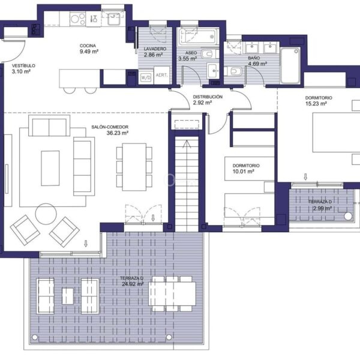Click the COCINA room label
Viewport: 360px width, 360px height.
coord(88,46)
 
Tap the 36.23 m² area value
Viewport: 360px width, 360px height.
coord(118,133)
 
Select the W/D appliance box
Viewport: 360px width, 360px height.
coord(146,77)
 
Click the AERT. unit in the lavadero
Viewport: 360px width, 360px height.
coord(161,75)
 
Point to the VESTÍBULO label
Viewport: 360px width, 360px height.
coord(23,65)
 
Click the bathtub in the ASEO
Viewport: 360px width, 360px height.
coord(199,36)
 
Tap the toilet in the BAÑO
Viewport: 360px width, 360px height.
coord(233,71)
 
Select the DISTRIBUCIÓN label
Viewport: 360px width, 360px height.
coord(208,97)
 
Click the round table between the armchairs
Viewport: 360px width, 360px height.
coord(46,214)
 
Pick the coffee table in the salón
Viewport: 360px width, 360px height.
coord(50,168)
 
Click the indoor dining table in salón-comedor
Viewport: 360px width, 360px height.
coord(134,167)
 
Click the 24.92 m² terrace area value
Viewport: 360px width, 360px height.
coord(133,284)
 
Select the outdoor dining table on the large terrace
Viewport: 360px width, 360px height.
coord(172,293)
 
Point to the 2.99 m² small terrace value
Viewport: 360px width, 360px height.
coord(323,208)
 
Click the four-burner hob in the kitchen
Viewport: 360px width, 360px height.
coord(77,19)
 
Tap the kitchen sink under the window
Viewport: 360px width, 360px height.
coord(113,19)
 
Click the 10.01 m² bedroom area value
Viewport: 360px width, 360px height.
coord(243,171)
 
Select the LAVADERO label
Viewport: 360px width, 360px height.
coord(155,49)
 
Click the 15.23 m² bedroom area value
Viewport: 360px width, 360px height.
coord(316,103)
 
